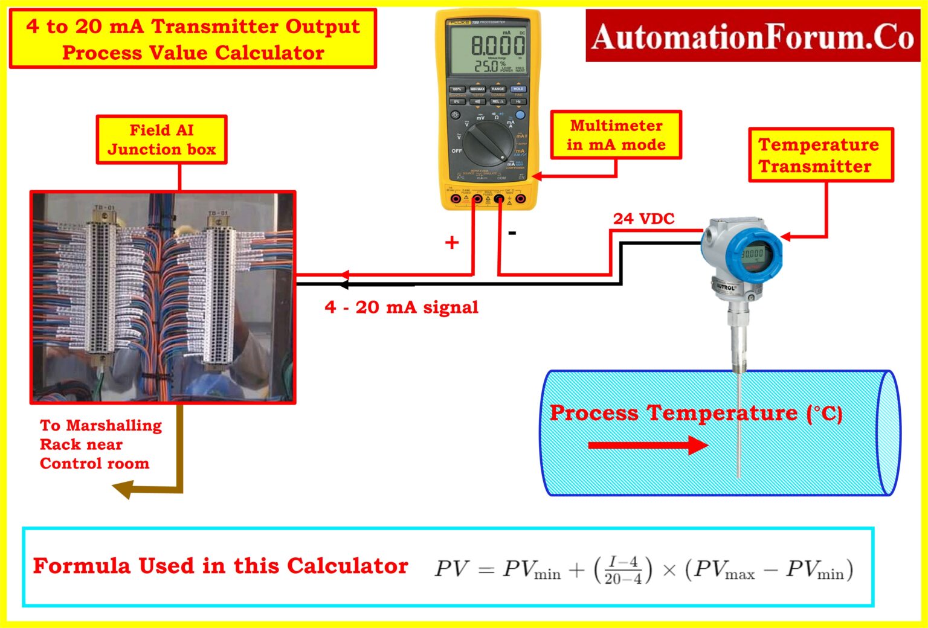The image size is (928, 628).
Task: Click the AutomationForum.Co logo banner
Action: [752, 36]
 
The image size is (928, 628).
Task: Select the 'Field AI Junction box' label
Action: [161, 139]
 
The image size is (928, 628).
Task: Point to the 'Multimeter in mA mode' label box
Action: [616, 135]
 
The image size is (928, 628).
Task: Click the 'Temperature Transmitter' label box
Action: [820, 155]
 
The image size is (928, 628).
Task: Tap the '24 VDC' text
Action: [643, 219]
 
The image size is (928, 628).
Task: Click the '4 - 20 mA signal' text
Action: [401, 307]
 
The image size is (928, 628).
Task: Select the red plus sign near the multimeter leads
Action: [451, 243]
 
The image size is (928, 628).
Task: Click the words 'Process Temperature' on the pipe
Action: [673, 413]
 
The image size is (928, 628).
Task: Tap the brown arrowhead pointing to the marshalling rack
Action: [123, 489]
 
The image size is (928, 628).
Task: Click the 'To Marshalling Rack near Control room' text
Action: [100, 444]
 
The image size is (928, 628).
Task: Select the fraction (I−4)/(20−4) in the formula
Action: [623, 570]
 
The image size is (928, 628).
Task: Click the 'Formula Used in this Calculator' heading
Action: [221, 566]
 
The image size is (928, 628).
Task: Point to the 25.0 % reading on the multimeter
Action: [487, 66]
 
